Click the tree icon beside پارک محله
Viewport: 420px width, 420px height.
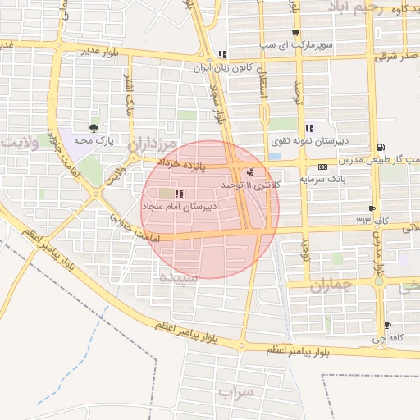(x=94, y=128)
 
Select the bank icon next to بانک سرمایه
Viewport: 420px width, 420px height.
(x=322, y=167)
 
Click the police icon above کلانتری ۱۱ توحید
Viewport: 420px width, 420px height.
(x=250, y=172)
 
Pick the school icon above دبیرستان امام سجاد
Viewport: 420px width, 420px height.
(x=179, y=194)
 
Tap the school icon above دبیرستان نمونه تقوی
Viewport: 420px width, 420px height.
(x=309, y=128)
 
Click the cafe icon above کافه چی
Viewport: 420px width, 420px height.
(x=388, y=326)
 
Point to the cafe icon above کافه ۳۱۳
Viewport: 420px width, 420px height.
(x=372, y=208)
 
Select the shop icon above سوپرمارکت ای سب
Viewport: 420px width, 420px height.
(x=295, y=34)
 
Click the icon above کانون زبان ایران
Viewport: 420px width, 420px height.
(x=222, y=55)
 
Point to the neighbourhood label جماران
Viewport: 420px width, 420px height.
(x=331, y=287)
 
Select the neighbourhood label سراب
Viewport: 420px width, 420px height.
(x=237, y=393)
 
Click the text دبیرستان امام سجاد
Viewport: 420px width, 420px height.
(x=187, y=206)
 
